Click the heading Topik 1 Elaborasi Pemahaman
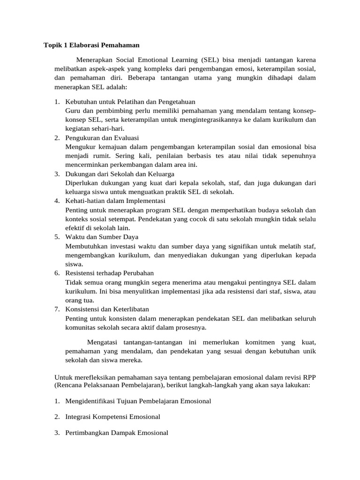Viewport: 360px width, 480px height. pyautogui.click(x=91, y=45)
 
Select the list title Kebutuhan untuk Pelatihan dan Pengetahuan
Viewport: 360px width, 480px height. pyautogui.click(x=130, y=102)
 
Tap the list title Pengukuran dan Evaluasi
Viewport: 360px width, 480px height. pyautogui.click(x=102, y=138)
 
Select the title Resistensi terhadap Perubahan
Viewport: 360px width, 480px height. pyautogui.click(x=110, y=273)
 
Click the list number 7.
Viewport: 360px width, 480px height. pyautogui.click(x=56, y=309)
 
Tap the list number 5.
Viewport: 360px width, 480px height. pyautogui.click(x=56, y=237)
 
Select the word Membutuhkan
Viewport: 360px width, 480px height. pyautogui.click(x=86, y=246)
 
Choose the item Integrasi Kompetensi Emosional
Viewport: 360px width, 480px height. pyautogui.click(x=112, y=417)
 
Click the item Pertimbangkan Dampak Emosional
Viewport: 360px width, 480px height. pyautogui.click(x=117, y=433)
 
